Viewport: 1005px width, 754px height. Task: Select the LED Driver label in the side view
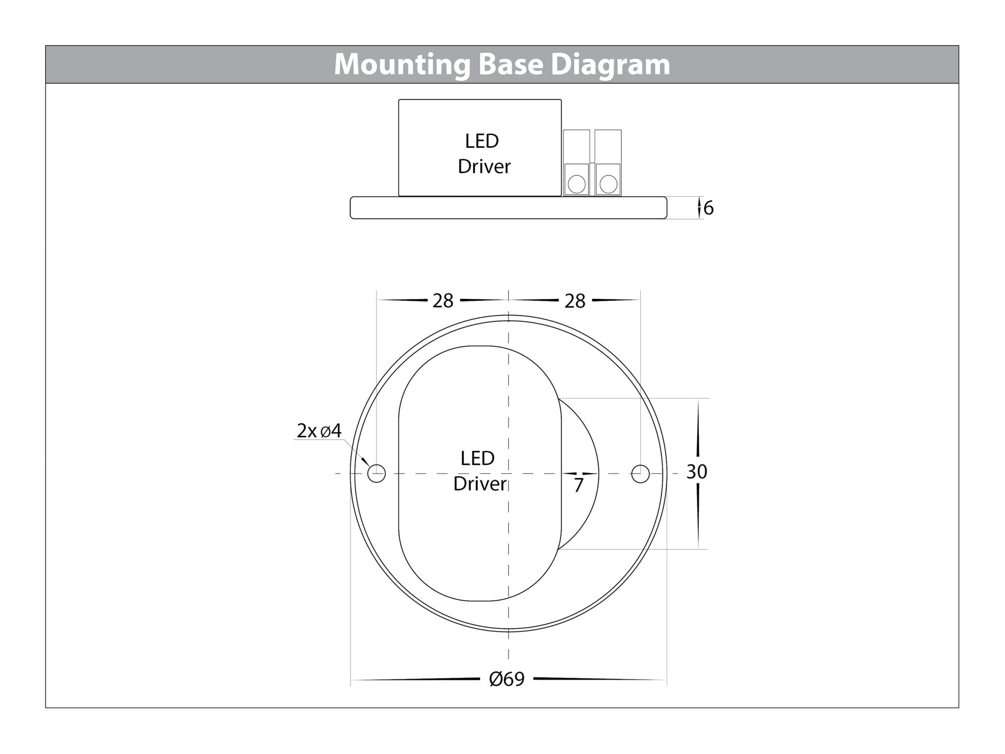[x=483, y=154]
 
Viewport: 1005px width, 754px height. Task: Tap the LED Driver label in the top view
[x=479, y=471]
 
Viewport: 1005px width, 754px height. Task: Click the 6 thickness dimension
[x=709, y=208]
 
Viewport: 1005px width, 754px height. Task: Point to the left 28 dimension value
[x=443, y=301]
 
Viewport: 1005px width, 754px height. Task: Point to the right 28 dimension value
[x=575, y=301]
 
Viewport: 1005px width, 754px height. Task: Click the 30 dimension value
[x=696, y=472]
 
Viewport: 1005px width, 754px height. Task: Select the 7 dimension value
[x=579, y=485]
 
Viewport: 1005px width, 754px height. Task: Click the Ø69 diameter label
[x=507, y=679]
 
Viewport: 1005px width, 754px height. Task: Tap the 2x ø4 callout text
[x=319, y=431]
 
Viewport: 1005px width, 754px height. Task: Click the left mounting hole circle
[x=376, y=474]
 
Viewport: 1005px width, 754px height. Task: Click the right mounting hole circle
[x=640, y=474]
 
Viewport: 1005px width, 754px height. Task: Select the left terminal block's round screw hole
[x=576, y=185]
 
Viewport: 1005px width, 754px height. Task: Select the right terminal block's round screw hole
[x=608, y=185]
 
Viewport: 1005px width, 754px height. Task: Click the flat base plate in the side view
[x=508, y=208]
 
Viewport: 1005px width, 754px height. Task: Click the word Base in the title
[x=510, y=65]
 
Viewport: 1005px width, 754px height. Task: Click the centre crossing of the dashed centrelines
[x=508, y=474]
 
